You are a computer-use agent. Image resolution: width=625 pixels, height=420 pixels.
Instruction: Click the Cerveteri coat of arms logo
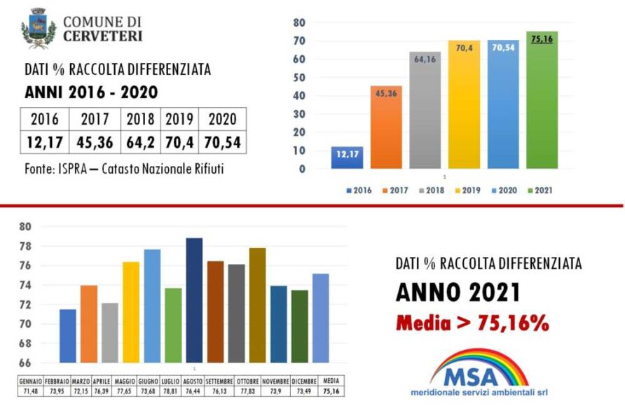[39, 28]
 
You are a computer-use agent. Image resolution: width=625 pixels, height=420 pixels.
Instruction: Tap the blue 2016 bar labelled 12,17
[347, 157]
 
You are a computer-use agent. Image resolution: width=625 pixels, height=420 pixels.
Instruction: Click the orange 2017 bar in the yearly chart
[385, 127]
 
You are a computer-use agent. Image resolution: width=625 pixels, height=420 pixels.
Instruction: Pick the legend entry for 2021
[540, 190]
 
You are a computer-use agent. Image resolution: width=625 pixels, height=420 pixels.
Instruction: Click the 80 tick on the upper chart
[299, 22]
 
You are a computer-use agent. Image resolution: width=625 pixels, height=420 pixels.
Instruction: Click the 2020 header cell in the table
[223, 119]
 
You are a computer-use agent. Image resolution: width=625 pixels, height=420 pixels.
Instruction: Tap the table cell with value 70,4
[179, 143]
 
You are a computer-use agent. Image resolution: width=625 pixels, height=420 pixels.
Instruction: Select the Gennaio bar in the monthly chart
[68, 336]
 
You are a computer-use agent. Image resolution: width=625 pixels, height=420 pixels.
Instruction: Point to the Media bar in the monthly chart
[320, 318]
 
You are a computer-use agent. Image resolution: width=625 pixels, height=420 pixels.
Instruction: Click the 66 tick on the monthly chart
[26, 363]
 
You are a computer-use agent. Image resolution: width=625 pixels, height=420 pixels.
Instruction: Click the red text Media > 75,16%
[472, 323]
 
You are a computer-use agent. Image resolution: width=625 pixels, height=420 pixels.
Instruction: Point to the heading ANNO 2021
[458, 292]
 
